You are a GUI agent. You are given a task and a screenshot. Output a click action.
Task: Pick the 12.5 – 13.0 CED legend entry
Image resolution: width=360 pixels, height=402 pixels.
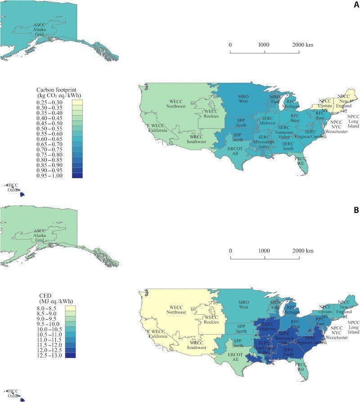point(51,355)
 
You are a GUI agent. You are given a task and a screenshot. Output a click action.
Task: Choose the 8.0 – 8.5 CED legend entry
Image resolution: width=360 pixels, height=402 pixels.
point(51,308)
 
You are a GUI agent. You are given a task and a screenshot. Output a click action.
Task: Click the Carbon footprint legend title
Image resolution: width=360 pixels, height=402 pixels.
point(55,92)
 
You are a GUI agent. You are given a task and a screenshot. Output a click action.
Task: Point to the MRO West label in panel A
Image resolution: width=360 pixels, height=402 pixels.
point(243,99)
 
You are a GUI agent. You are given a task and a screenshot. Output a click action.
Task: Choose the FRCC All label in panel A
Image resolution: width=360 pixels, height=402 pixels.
point(300,161)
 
